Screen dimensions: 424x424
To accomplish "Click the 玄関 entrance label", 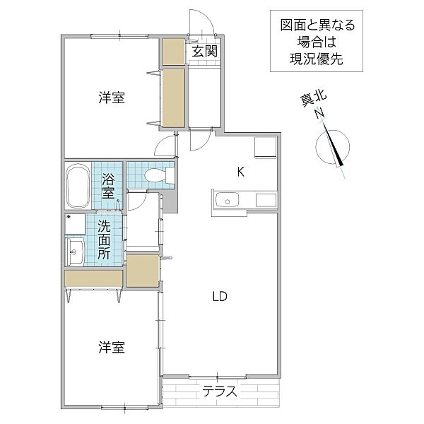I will click(x=202, y=51).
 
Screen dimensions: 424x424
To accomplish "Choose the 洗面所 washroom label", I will click(x=104, y=240).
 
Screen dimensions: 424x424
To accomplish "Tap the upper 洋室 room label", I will click(x=112, y=99).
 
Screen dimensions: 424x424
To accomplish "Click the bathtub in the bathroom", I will click(x=76, y=187).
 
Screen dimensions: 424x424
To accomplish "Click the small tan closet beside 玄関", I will click(x=172, y=51).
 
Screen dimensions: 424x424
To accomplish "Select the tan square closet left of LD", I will click(x=143, y=270).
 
